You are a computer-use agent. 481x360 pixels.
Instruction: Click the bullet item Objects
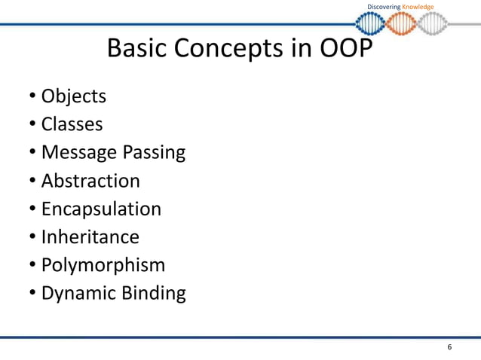[x=73, y=96]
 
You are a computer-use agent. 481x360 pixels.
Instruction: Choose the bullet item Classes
[x=72, y=124]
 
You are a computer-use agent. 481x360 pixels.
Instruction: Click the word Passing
[x=150, y=153]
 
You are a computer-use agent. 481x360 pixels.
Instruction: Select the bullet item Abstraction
[x=90, y=181]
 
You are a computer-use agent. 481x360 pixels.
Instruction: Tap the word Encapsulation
[x=101, y=209]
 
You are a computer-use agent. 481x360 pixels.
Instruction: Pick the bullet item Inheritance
[x=90, y=236]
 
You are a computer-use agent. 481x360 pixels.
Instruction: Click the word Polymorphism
[x=103, y=265]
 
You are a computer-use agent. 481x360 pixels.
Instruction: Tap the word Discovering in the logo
[x=384, y=8]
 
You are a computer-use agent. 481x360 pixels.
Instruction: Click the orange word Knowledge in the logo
[x=418, y=8]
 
